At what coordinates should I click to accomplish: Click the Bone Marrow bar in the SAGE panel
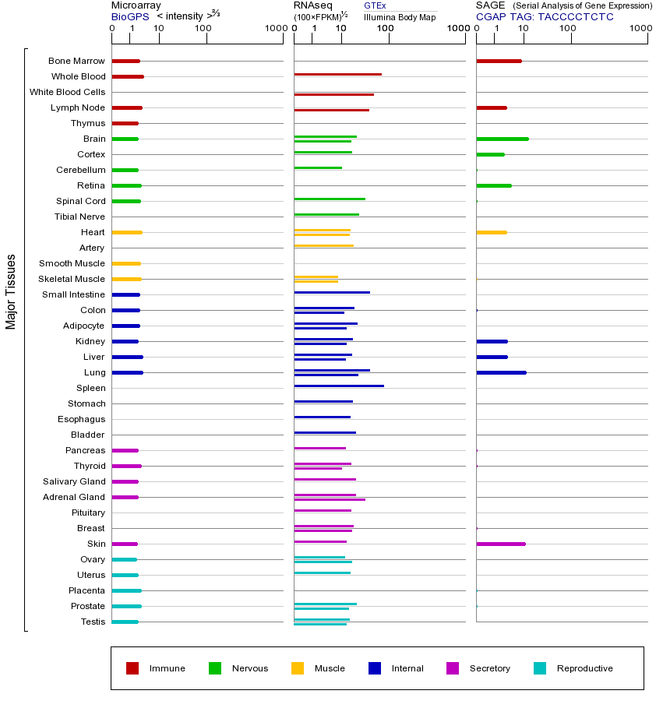pos(499,61)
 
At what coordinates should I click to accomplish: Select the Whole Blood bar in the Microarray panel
pos(128,76)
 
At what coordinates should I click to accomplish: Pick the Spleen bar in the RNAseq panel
pos(339,386)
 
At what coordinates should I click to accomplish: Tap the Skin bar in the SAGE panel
pos(501,544)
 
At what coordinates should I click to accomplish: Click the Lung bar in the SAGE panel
pos(501,372)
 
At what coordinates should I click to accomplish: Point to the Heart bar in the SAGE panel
pos(491,232)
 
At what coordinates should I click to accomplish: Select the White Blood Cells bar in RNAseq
pos(333,94)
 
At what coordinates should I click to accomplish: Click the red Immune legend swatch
pos(132,668)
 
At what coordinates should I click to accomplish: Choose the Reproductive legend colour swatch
pos(540,668)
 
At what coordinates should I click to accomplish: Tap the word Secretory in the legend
pos(490,668)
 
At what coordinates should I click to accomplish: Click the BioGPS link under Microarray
pos(130,16)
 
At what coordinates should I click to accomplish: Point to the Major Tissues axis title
pos(11,291)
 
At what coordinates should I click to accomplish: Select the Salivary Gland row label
pos(74,481)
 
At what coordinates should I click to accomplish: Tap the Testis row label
pos(93,622)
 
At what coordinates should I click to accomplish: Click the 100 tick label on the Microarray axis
pos(203,30)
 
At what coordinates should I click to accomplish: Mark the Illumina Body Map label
pos(400,17)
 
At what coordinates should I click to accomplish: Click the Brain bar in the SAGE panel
pos(502,139)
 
